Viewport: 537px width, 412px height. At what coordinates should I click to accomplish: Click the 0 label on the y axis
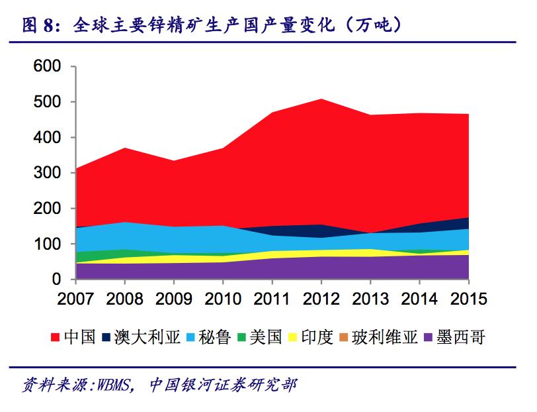click(57, 280)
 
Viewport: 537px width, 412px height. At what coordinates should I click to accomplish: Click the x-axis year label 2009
click(173, 299)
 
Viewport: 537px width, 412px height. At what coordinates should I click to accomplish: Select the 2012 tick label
click(321, 299)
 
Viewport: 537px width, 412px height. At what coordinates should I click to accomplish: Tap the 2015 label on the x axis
click(468, 299)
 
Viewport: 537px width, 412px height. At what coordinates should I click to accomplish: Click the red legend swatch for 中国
click(56, 338)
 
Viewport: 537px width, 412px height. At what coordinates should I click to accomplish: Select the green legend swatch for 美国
click(244, 338)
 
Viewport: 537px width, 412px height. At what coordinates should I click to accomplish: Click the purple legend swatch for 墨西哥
click(433, 338)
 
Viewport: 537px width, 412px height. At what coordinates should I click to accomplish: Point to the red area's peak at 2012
click(321, 99)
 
